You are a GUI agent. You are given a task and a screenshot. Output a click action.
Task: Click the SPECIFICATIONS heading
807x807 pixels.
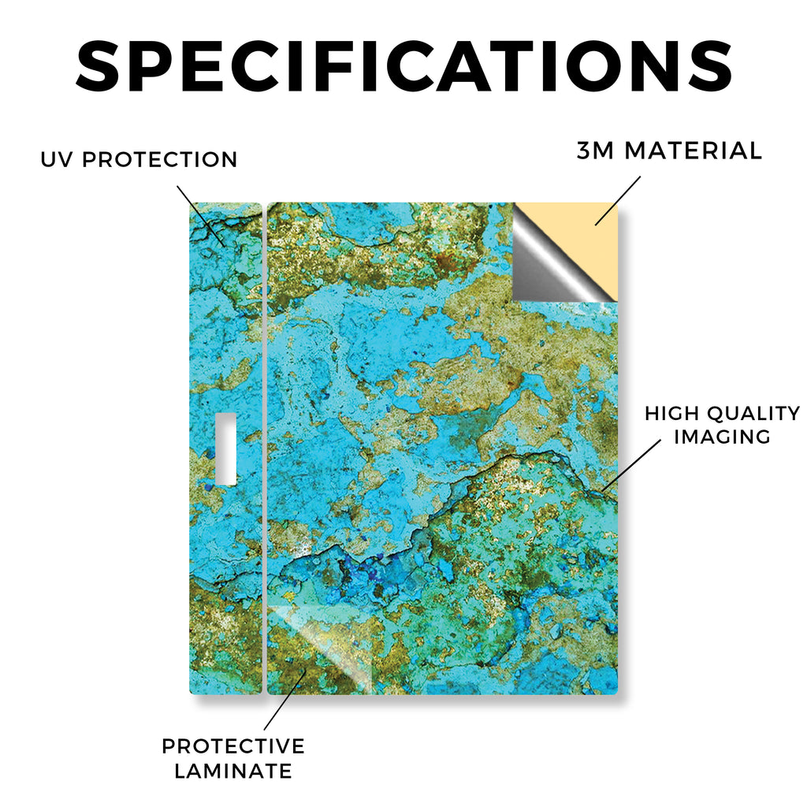coord(404,66)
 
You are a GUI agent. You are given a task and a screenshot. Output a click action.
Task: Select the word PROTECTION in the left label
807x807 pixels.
coord(159,159)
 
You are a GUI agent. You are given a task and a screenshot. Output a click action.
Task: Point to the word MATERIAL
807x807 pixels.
coord(694,151)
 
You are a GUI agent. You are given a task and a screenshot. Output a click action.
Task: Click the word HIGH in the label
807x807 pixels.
coord(672,413)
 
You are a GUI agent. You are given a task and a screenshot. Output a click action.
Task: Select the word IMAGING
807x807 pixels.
coord(722,437)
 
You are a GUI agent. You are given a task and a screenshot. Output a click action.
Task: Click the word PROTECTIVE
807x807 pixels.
coord(233,746)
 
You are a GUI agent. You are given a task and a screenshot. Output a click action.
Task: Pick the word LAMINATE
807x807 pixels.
coord(233,771)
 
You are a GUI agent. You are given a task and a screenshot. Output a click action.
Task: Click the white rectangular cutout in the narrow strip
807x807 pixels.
coord(226,448)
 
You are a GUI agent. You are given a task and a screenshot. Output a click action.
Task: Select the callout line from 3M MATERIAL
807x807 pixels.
coord(618,201)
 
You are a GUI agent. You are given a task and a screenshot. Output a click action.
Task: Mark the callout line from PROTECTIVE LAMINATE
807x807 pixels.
coord(285,699)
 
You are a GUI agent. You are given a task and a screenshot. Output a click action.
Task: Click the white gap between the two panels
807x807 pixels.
coord(265,448)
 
